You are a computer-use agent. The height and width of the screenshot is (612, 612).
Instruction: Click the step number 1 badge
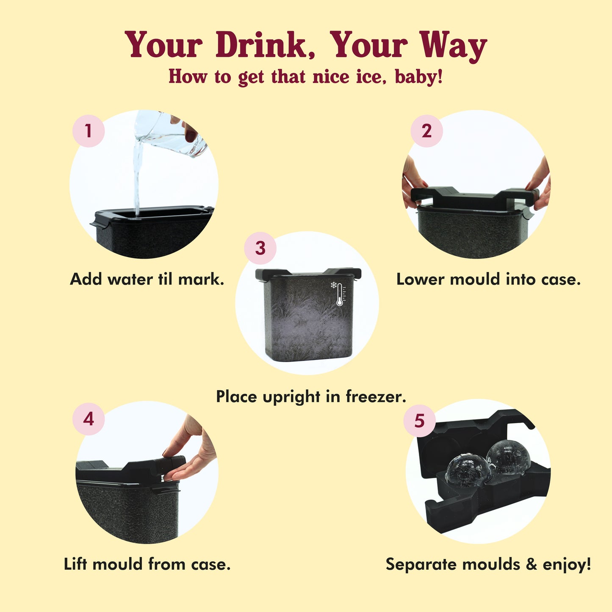89,131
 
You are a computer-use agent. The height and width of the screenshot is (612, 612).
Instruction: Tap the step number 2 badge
426,131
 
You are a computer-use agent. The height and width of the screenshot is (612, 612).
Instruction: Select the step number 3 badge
260,248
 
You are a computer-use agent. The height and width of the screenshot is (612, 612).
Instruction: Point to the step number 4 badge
89,419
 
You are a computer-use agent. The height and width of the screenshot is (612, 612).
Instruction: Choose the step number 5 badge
420,421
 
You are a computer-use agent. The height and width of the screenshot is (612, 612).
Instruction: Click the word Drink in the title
265,45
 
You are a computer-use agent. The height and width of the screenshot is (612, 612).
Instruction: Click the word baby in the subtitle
418,77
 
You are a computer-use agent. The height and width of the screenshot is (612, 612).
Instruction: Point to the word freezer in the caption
376,396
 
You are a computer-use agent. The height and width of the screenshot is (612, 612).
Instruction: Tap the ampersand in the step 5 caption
532,565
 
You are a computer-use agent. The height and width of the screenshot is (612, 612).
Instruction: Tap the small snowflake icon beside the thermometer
333,285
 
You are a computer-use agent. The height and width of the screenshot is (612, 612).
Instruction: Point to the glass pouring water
170,133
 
